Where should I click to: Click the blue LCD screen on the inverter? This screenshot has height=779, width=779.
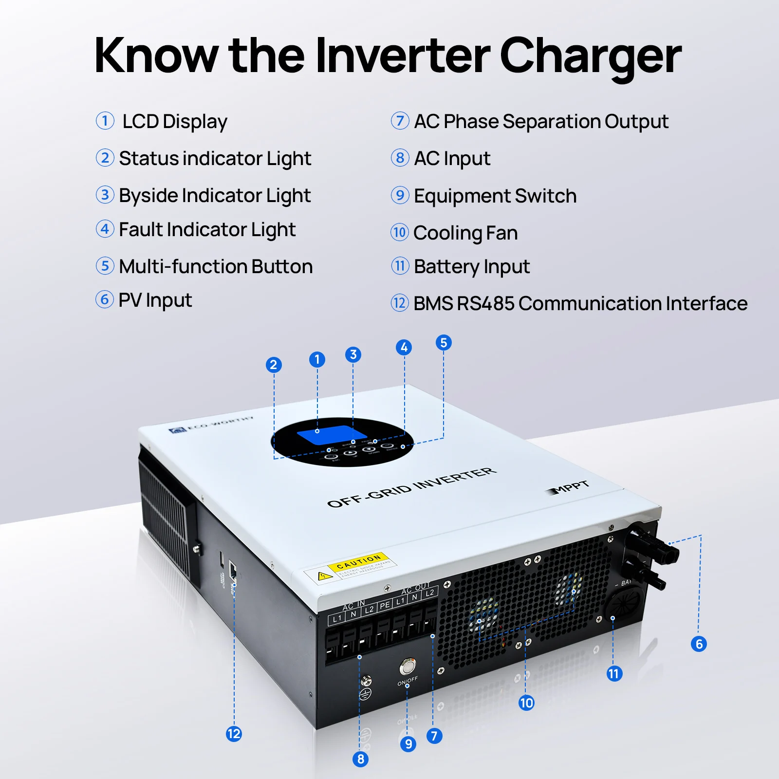click(x=331, y=434)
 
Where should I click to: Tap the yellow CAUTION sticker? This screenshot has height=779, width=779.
click(x=358, y=562)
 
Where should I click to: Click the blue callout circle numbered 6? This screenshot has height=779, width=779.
click(x=699, y=644)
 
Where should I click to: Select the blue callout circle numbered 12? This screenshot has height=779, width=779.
click(x=234, y=734)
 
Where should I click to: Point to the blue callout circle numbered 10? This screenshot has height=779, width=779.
click(x=526, y=703)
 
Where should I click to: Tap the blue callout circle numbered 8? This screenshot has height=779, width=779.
click(x=360, y=759)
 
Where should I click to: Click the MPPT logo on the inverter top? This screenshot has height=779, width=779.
click(x=569, y=487)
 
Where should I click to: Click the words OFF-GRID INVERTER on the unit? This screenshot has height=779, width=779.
click(x=412, y=487)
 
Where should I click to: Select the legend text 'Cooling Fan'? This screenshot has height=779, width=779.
click(x=465, y=233)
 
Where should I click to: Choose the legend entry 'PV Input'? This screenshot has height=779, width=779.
click(x=155, y=300)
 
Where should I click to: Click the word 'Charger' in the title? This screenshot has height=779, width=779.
click(x=590, y=56)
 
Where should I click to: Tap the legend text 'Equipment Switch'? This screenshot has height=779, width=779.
click(x=495, y=196)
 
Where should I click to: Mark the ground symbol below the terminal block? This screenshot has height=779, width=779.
click(x=365, y=694)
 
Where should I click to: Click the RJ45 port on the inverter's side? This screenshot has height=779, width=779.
click(x=233, y=569)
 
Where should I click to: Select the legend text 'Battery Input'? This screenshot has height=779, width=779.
click(x=471, y=267)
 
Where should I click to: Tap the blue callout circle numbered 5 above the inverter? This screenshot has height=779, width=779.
click(x=444, y=343)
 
